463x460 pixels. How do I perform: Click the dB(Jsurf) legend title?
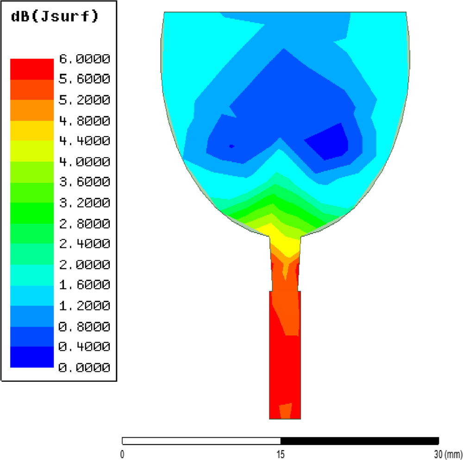pos(55,16)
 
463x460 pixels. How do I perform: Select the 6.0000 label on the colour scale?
pos(84,59)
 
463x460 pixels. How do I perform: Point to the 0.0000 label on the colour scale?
pos(84,367)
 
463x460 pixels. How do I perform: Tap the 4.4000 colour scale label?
pos(84,140)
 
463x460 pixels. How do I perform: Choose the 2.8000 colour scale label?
pos(84,224)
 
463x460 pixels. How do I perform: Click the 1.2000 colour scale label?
pos(84,305)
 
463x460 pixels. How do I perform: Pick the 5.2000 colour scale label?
pos(84,100)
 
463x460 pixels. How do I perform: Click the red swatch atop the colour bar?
pos(32,69)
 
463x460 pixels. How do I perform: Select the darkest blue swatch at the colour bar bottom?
pos(32,357)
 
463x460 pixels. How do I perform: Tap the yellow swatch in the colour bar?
pos(32,131)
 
